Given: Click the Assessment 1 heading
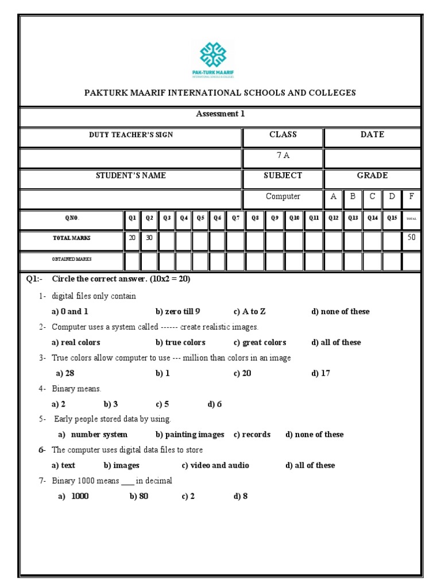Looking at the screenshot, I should pos(220,114).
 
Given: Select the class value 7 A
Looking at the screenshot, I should pos(283,155).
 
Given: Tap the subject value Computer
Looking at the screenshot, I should pos(283,196).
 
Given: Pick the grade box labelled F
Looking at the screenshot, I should pos(411,196).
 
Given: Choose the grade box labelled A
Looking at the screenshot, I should pos(334,196).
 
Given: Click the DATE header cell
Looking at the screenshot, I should pos(372,134).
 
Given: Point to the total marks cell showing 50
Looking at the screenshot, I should pos(411,237).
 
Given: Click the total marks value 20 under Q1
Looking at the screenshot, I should pos(132,237).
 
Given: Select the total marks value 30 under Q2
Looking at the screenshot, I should pos(149,237).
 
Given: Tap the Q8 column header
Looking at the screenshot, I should pos(256,218).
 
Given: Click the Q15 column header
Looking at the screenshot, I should pos(392,218).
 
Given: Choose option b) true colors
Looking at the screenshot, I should pos(180,343).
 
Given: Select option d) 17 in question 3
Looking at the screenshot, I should pos(321,373).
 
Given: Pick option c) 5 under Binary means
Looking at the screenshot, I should pos(162,404).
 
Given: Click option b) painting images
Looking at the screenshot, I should pos(189,435).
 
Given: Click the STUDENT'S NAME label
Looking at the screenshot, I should pos(131,176).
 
